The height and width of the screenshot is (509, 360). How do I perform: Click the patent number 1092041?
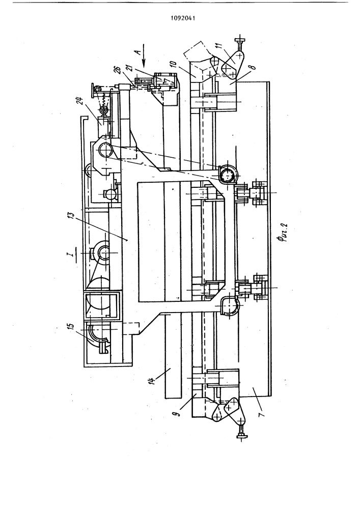(x=183, y=18)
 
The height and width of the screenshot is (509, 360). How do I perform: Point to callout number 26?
(x=118, y=70)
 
